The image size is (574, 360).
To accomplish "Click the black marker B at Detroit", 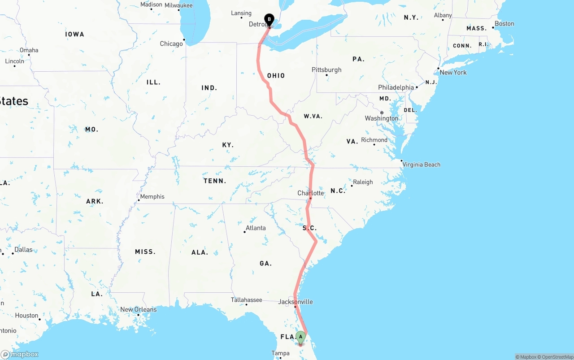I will (x=269, y=19).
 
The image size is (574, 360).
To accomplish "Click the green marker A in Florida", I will (x=300, y=337).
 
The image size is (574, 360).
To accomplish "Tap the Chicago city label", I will (x=171, y=43).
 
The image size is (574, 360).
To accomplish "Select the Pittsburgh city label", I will (x=326, y=70).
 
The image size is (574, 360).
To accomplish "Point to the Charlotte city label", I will (x=310, y=193).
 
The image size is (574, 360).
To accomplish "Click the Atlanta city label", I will (x=256, y=228).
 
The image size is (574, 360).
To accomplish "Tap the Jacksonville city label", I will (x=296, y=302).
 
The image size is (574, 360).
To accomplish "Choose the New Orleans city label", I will (x=139, y=309).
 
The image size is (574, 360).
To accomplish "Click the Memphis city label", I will (x=152, y=196).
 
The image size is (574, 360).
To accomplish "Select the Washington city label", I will (x=381, y=118).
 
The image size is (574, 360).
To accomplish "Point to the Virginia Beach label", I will (x=421, y=165).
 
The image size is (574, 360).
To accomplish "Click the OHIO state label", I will (x=276, y=76).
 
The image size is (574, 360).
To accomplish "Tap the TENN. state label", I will (x=215, y=181).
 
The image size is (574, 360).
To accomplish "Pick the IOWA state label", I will (x=74, y=34).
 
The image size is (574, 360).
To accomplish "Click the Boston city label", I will (x=504, y=24).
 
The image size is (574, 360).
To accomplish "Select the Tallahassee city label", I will (x=246, y=299).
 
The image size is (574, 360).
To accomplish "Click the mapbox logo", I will (x=20, y=354).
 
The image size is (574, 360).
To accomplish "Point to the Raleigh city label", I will (x=363, y=182).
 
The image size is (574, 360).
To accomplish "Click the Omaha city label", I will (x=29, y=50).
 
